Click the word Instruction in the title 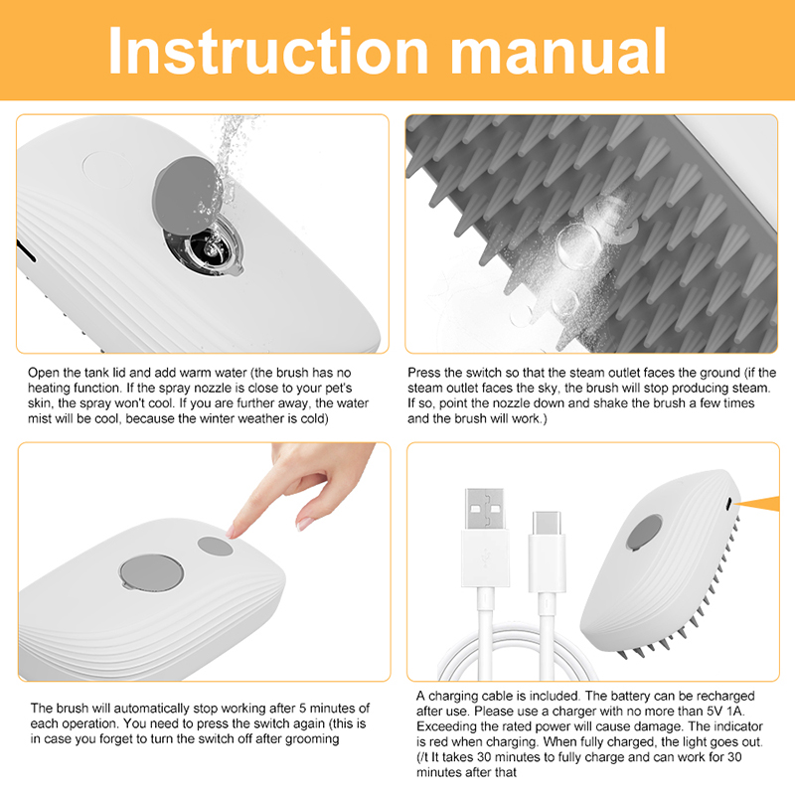[268, 51]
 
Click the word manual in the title [558, 51]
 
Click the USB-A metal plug [485, 509]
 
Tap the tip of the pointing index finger [232, 532]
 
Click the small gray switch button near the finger [215, 546]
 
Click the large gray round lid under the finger [152, 572]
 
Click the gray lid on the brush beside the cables [644, 533]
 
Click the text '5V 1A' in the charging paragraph [725, 711]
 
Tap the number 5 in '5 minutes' [302, 708]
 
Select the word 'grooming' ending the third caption [311, 739]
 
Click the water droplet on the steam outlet [578, 244]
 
